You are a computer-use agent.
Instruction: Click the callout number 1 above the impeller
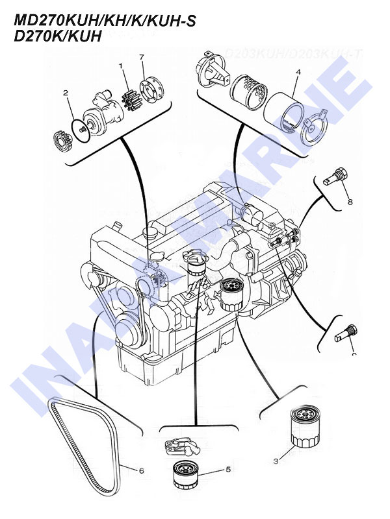click(121, 66)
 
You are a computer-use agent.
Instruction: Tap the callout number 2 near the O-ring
click(65, 93)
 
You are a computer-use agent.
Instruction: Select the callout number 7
click(141, 59)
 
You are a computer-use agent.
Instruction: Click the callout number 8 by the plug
click(350, 202)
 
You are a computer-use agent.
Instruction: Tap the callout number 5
click(210, 468)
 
